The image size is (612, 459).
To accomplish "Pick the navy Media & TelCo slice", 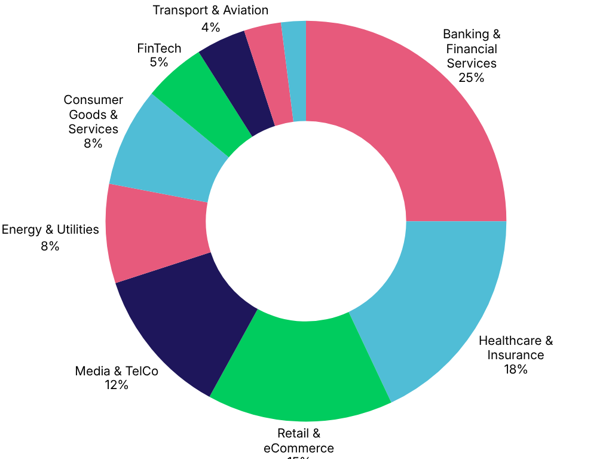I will tap(191, 323).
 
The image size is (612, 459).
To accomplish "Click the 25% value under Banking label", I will tap(471, 78).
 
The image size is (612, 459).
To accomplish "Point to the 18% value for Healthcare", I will tap(515, 369).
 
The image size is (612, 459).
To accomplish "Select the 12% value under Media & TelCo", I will tap(117, 385).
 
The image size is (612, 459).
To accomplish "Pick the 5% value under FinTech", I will tap(158, 62).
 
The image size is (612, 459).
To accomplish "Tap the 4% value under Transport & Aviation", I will tap(210, 27).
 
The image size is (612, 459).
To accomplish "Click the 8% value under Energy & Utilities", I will tap(50, 246).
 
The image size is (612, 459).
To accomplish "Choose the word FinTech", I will tap(159, 48).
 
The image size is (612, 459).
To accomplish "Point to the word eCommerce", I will tap(299, 448).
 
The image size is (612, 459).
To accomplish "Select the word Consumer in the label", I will tap(93, 100).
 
